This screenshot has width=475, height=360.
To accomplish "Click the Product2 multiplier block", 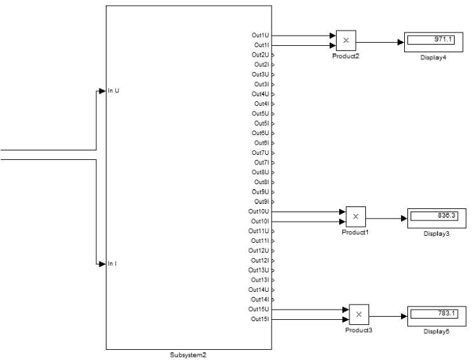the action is click(346, 41).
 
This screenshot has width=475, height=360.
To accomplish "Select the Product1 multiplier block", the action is click(356, 217).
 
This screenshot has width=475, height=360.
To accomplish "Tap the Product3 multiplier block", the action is click(359, 315).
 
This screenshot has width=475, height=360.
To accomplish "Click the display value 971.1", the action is click(443, 40).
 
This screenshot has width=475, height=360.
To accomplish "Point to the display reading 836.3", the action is click(446, 215).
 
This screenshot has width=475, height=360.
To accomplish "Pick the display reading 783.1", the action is click(446, 313).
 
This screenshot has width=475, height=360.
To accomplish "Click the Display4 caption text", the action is click(433, 57).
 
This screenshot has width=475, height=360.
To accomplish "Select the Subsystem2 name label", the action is click(188, 355).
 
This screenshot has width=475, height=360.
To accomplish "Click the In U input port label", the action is click(113, 91).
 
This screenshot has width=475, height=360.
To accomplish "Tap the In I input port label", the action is click(112, 264).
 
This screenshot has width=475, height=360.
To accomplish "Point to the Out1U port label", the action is click(260, 36).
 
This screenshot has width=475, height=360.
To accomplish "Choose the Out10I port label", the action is click(260, 221).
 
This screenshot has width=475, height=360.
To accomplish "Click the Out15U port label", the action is click(258, 310).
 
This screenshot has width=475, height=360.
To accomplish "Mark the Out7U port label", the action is click(260, 153).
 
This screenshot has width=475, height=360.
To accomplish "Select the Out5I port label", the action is click(261, 124).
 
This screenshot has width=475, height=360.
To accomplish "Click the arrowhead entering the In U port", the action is click(102, 91).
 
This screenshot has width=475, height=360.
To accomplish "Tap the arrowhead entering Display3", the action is click(404, 219).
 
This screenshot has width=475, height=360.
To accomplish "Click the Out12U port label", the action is click(258, 250).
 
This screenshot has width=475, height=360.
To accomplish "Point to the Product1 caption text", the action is click(355, 233).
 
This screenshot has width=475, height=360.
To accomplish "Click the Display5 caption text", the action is click(437, 331).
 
